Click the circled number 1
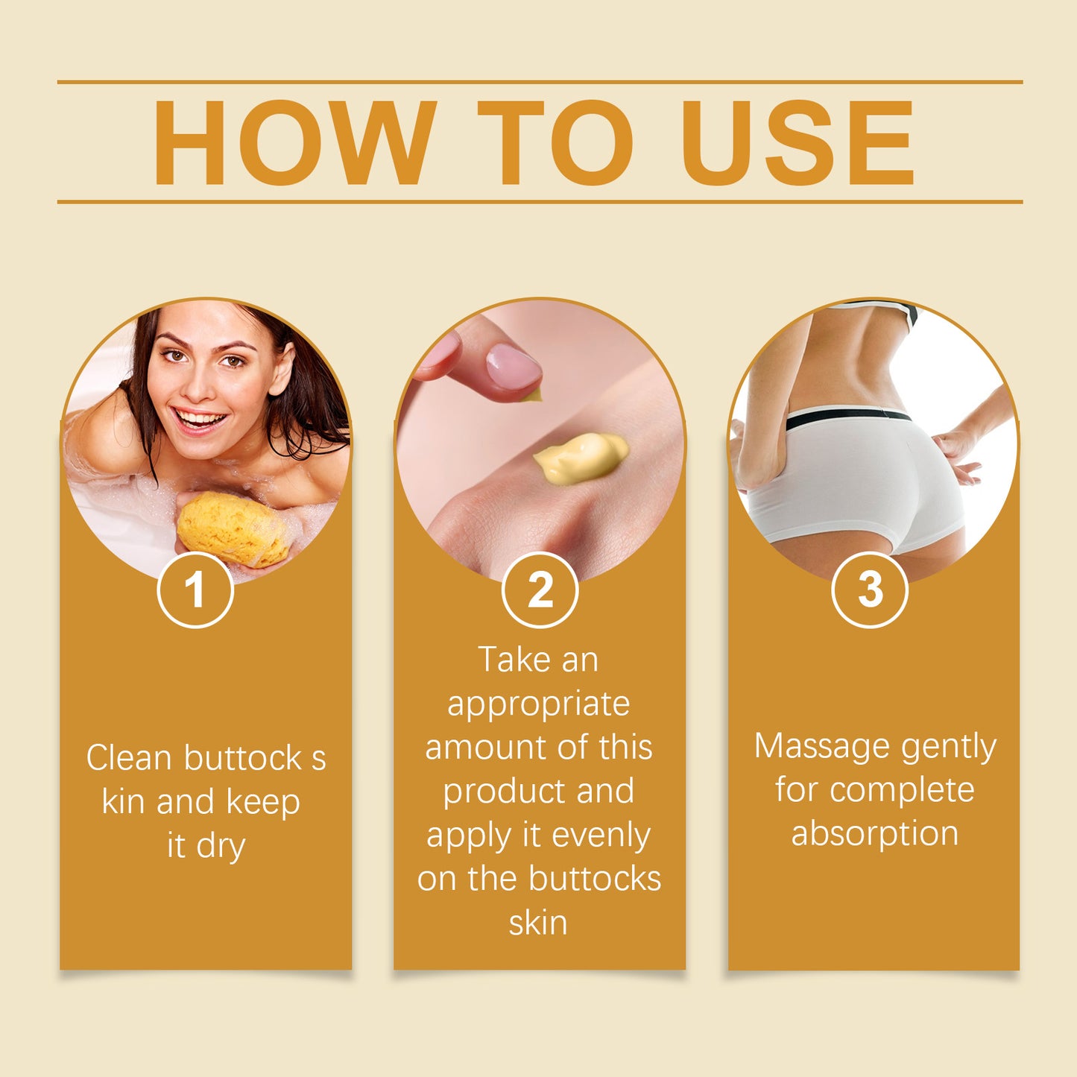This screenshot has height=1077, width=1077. [195, 590]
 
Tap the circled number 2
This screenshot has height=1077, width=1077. [540, 590]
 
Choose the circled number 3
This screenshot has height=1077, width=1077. [870, 590]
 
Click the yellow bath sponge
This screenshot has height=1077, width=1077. [233, 528]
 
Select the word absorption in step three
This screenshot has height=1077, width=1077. [874, 833]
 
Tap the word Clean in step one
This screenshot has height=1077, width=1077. [129, 758]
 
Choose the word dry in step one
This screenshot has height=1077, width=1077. [221, 846]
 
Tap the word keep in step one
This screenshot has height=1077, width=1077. [263, 803]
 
